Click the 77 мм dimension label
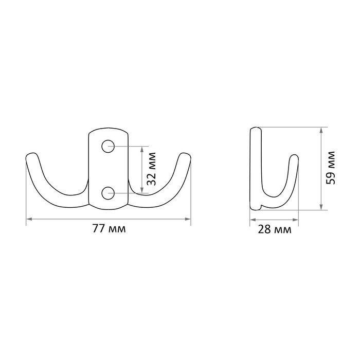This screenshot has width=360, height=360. pos(109,228)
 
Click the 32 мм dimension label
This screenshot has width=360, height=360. pos(152,169)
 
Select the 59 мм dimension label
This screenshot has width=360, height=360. pos(331,168)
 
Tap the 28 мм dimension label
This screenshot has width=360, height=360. pos(275,229)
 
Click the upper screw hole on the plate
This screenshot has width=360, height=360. pos(108,146)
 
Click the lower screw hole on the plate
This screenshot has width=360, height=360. pos(108,193)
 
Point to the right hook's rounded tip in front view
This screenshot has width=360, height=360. pos(185,156)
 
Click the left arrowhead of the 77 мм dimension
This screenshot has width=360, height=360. pos(29,219)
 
